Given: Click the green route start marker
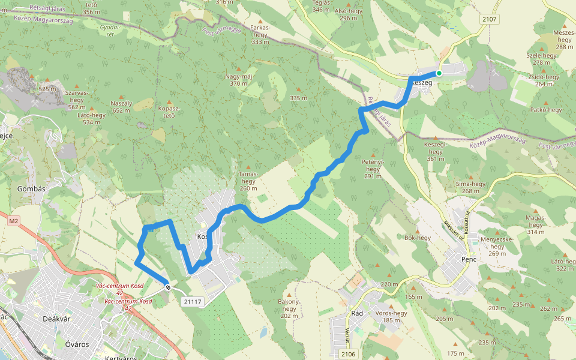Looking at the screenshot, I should click(x=439, y=73).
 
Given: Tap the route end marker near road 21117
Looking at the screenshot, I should click(x=169, y=287).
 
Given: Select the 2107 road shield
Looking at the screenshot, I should click(x=490, y=20).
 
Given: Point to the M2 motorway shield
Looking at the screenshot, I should click(x=14, y=221).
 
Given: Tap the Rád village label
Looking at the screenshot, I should click(x=356, y=313).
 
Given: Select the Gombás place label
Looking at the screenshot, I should click(x=23, y=188).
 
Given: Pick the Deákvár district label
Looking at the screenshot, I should click(x=57, y=319).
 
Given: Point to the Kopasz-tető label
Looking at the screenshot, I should click(x=169, y=112).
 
